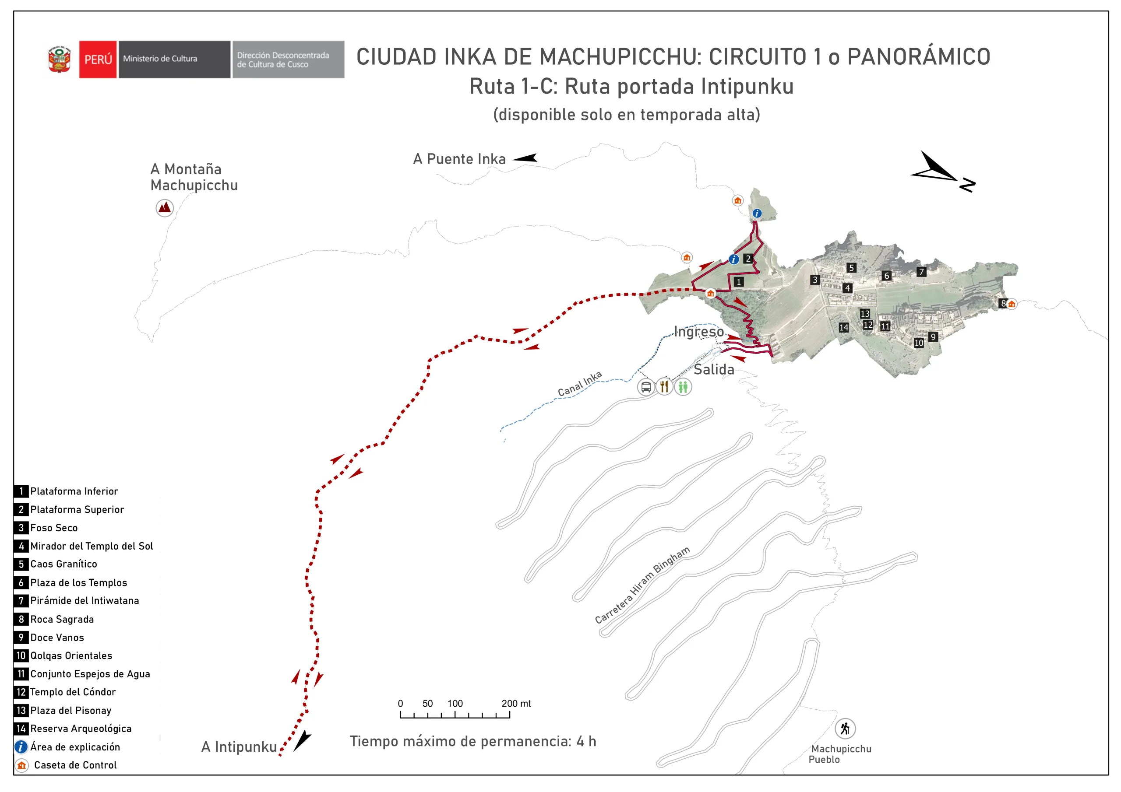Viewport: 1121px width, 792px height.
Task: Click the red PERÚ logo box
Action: [98, 60]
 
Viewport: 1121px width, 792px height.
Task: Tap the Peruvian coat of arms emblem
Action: [60, 60]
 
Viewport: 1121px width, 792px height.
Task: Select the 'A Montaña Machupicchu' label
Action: [194, 177]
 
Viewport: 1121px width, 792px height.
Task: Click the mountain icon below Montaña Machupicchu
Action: [165, 208]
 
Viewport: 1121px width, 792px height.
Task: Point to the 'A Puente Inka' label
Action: [459, 159]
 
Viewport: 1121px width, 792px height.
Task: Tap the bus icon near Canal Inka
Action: [645, 387]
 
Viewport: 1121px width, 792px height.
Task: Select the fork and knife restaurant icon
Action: [664, 387]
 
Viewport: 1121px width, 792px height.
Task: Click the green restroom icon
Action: [683, 387]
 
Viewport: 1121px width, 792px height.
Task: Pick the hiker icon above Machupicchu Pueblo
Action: [845, 729]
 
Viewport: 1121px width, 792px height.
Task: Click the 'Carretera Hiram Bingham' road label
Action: [642, 585]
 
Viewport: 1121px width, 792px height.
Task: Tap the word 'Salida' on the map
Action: [714, 369]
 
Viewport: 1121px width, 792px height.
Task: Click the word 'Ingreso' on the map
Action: [699, 332]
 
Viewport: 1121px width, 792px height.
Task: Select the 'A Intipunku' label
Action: [239, 747]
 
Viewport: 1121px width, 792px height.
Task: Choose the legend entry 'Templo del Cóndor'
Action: [73, 692]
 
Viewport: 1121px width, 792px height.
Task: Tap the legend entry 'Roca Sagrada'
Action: [62, 619]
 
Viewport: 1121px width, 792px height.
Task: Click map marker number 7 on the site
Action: [921, 272]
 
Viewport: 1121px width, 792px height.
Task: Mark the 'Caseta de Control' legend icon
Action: [21, 765]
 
